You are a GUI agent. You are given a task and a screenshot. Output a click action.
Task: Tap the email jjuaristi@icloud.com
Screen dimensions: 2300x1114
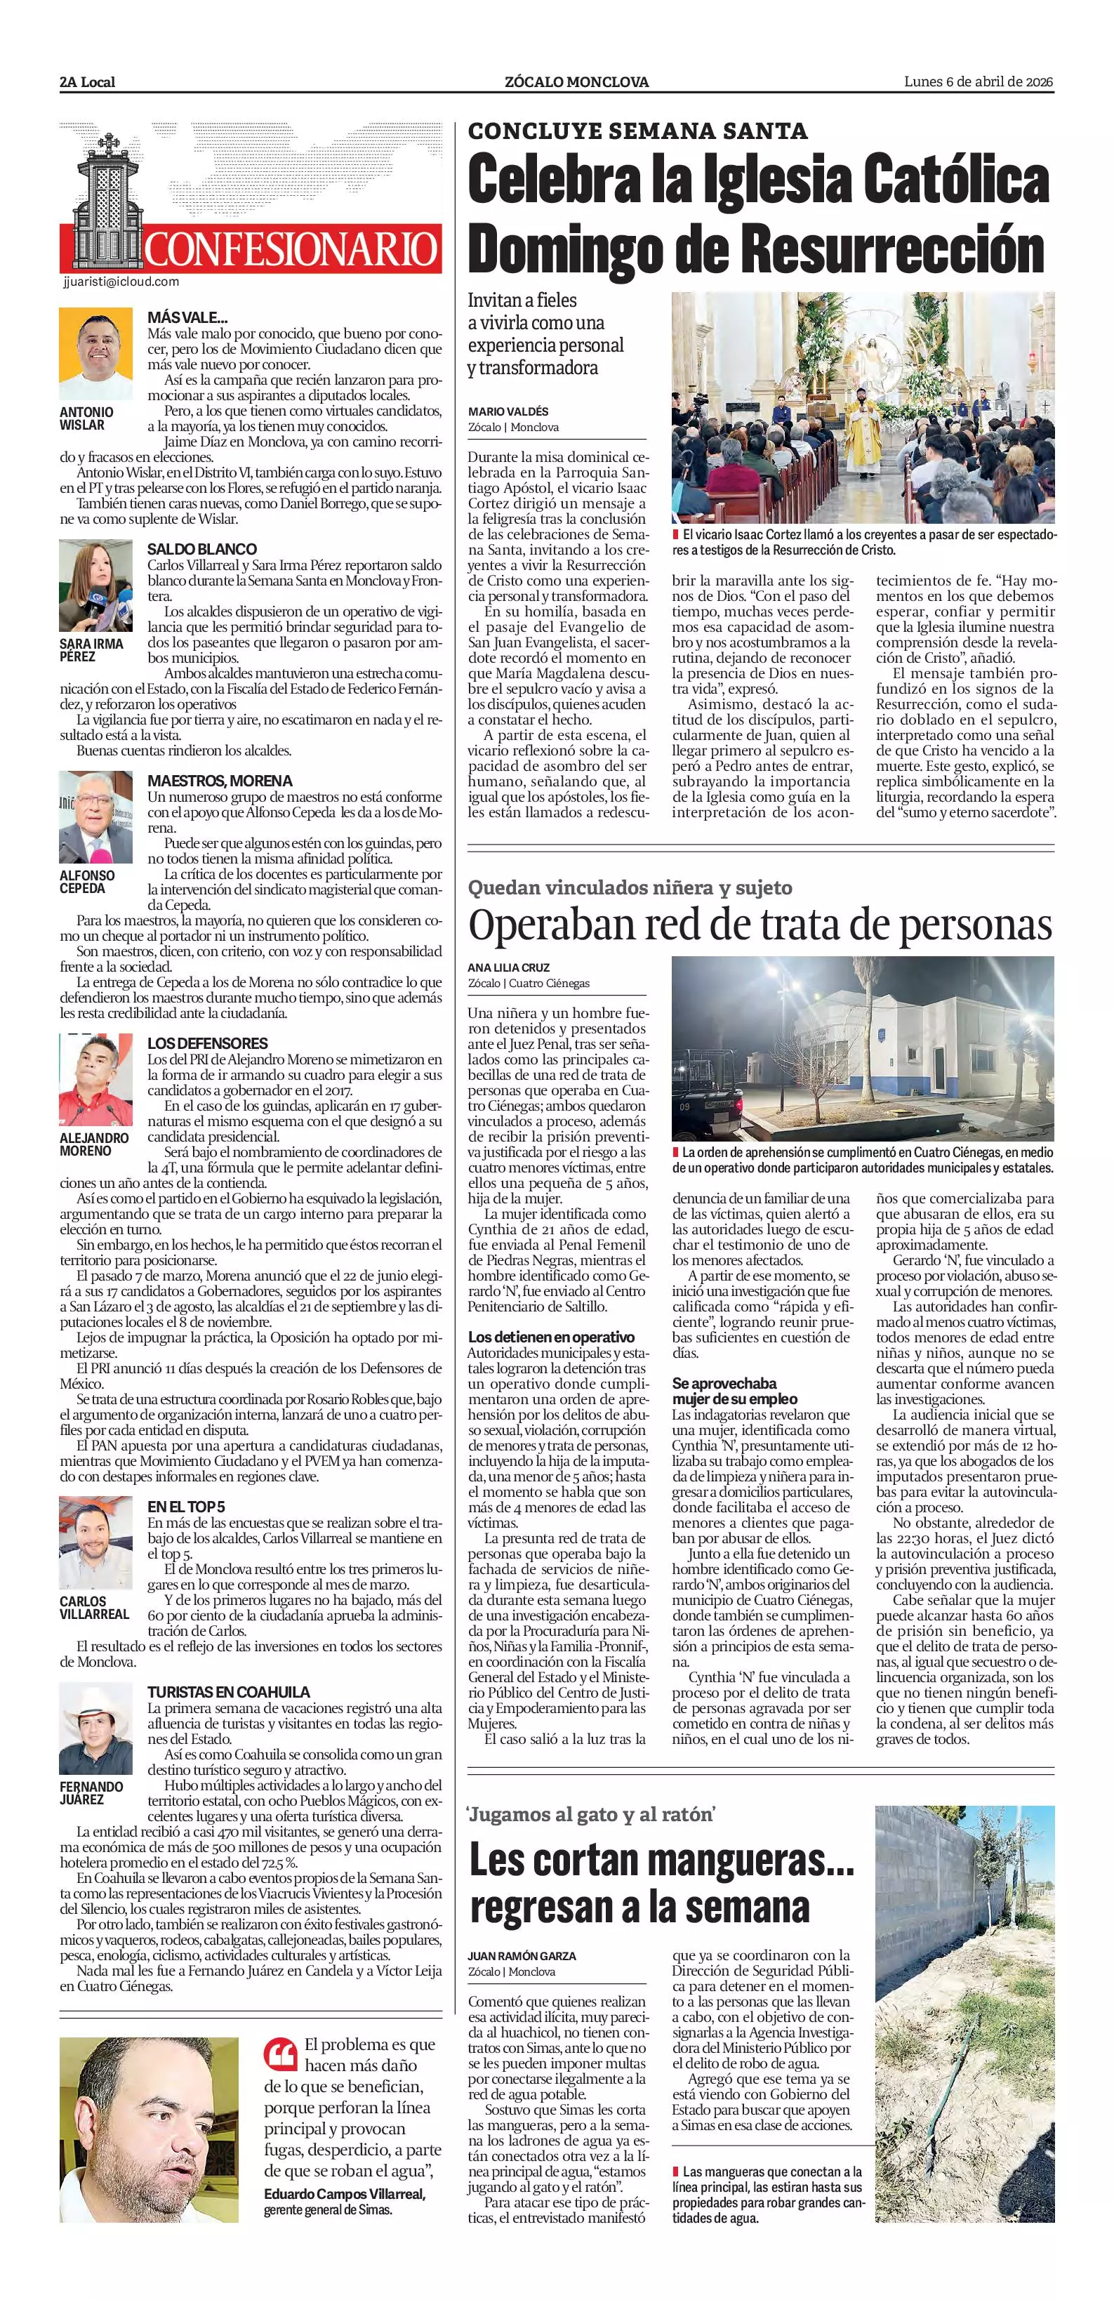click(x=121, y=282)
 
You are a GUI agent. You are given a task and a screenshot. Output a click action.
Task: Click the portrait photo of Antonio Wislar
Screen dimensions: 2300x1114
click(x=95, y=355)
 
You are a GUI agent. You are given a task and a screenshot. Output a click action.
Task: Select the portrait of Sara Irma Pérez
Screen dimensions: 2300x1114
click(x=95, y=586)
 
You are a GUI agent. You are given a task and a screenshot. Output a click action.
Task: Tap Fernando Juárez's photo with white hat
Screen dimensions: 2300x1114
click(x=95, y=1729)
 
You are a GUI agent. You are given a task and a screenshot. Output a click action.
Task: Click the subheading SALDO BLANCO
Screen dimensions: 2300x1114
click(x=201, y=549)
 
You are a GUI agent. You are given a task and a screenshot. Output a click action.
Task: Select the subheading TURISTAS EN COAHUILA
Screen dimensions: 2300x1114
click(x=229, y=1692)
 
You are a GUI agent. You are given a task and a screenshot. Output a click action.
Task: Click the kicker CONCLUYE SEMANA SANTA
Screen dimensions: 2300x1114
click(x=637, y=131)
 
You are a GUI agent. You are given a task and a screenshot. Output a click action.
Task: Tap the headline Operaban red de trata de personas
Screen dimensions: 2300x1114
click(x=760, y=925)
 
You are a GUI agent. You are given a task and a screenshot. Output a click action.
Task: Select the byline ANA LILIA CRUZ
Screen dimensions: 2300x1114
click(x=509, y=967)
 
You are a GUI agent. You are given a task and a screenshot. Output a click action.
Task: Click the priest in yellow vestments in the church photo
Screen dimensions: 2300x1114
click(x=862, y=433)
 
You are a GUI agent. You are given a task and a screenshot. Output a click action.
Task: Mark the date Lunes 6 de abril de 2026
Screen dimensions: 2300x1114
click(x=979, y=81)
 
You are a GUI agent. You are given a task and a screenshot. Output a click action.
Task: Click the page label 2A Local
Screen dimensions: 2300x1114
click(x=88, y=82)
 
